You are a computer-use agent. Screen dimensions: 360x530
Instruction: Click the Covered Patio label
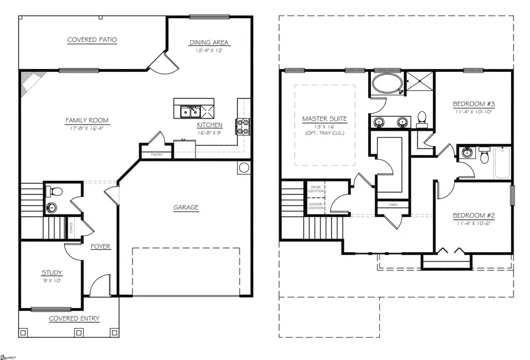click(x=92, y=40)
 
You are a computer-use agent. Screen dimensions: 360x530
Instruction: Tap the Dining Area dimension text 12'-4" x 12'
click(x=209, y=51)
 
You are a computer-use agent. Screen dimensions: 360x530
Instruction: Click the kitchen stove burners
click(x=243, y=125)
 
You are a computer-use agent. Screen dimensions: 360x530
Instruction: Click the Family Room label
click(x=87, y=121)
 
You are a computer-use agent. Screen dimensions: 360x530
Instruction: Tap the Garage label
click(x=185, y=207)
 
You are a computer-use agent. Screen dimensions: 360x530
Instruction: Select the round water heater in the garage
click(x=244, y=168)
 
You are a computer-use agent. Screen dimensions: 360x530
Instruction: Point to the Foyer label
click(x=101, y=246)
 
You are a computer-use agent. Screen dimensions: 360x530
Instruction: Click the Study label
click(x=52, y=273)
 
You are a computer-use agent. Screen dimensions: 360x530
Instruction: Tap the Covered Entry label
click(x=74, y=319)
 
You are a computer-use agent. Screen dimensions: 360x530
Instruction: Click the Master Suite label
click(x=324, y=119)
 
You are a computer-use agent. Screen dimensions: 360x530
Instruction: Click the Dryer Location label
click(x=316, y=190)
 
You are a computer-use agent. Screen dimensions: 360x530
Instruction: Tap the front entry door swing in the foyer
click(x=100, y=285)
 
